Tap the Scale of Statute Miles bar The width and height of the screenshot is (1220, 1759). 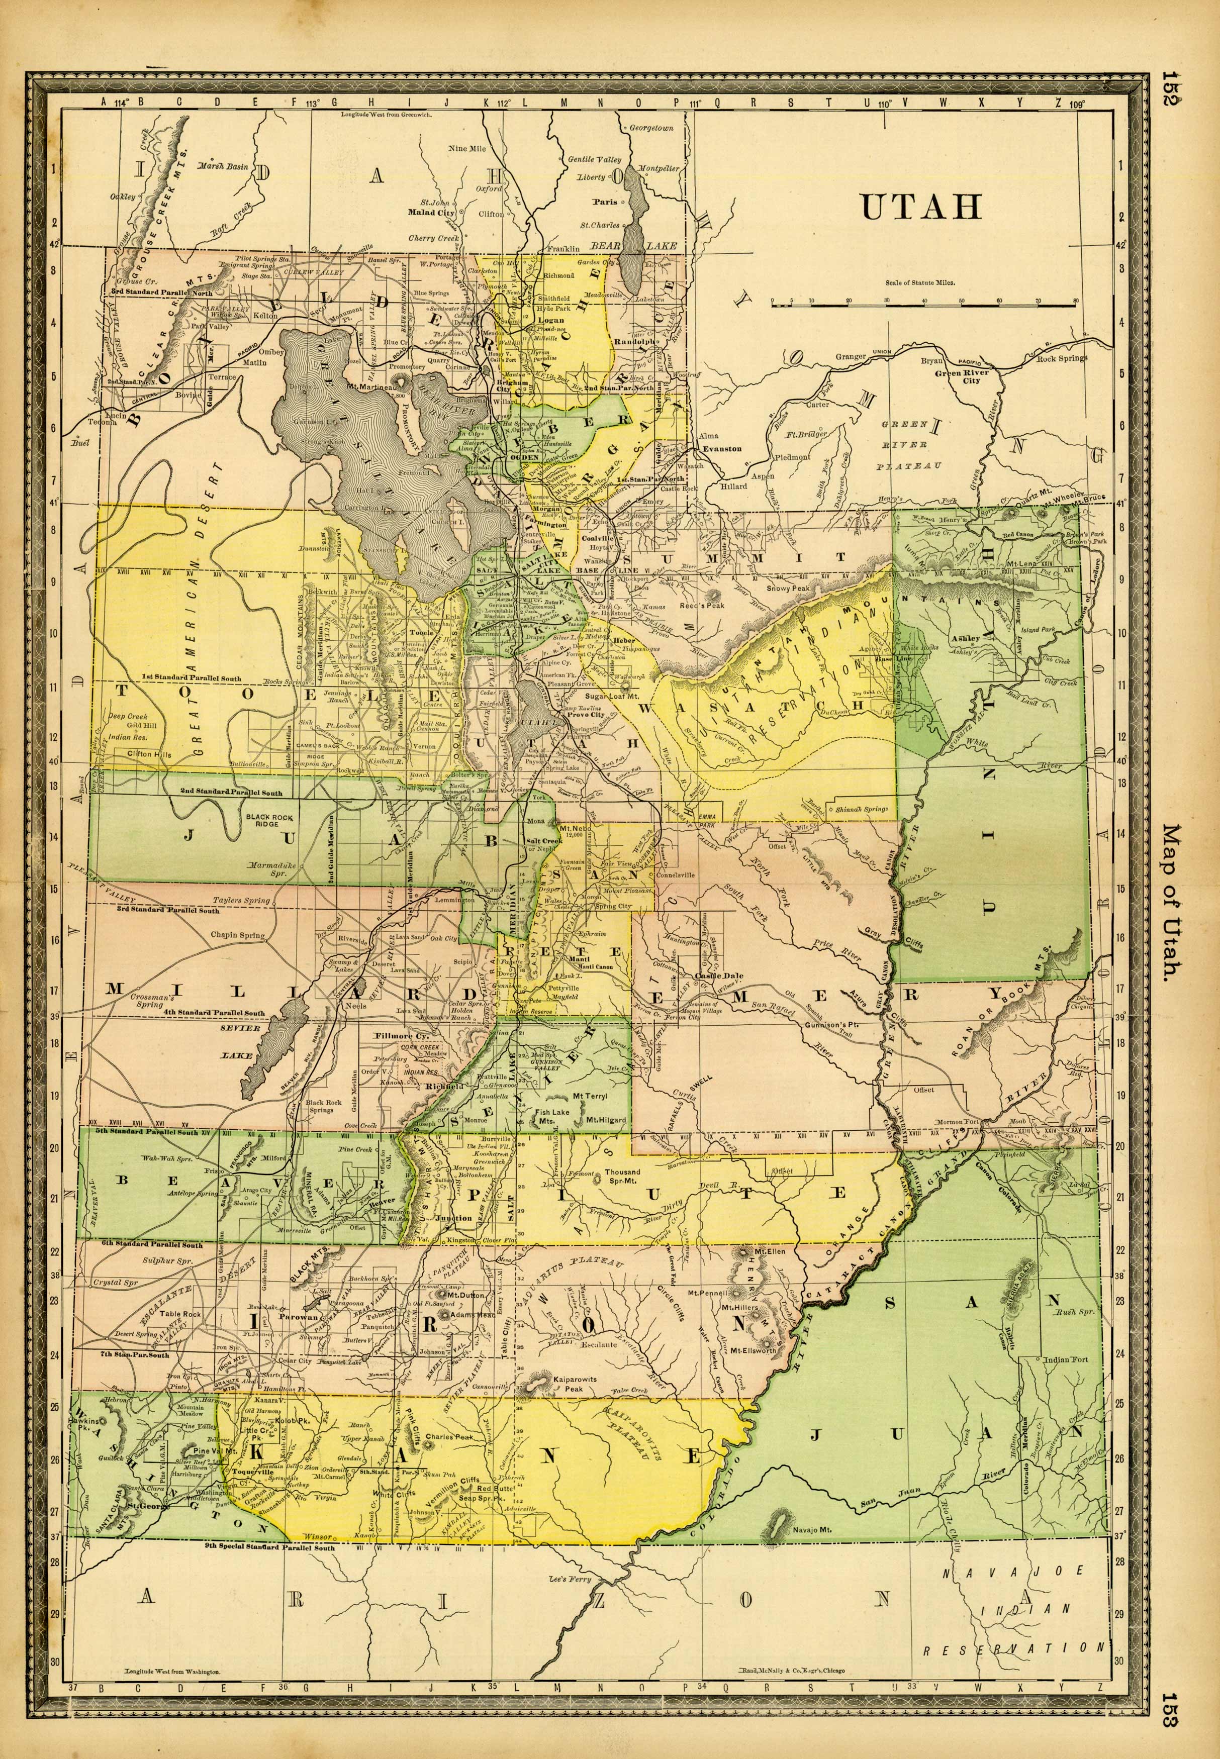(923, 305)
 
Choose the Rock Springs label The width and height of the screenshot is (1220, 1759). (1061, 358)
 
